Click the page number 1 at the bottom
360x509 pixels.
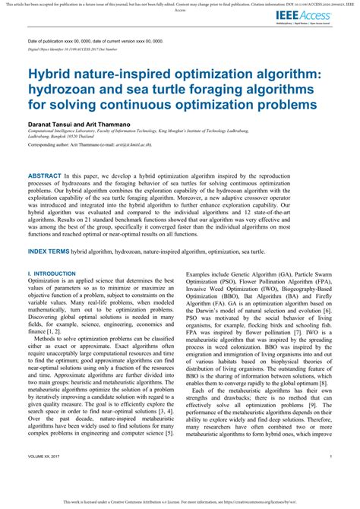click(331, 477)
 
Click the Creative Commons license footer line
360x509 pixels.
click(179, 502)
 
